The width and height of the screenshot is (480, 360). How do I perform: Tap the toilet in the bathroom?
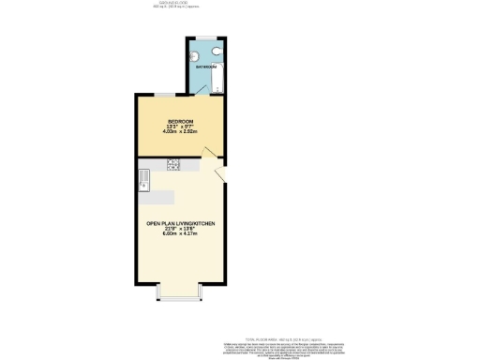[x=216, y=52]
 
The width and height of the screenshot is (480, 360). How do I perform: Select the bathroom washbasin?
[x=193, y=51]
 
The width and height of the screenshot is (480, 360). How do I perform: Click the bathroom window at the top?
[x=203, y=38]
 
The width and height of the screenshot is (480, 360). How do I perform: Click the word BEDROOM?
[x=180, y=121]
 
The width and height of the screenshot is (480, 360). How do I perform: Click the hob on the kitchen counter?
[x=173, y=165]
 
